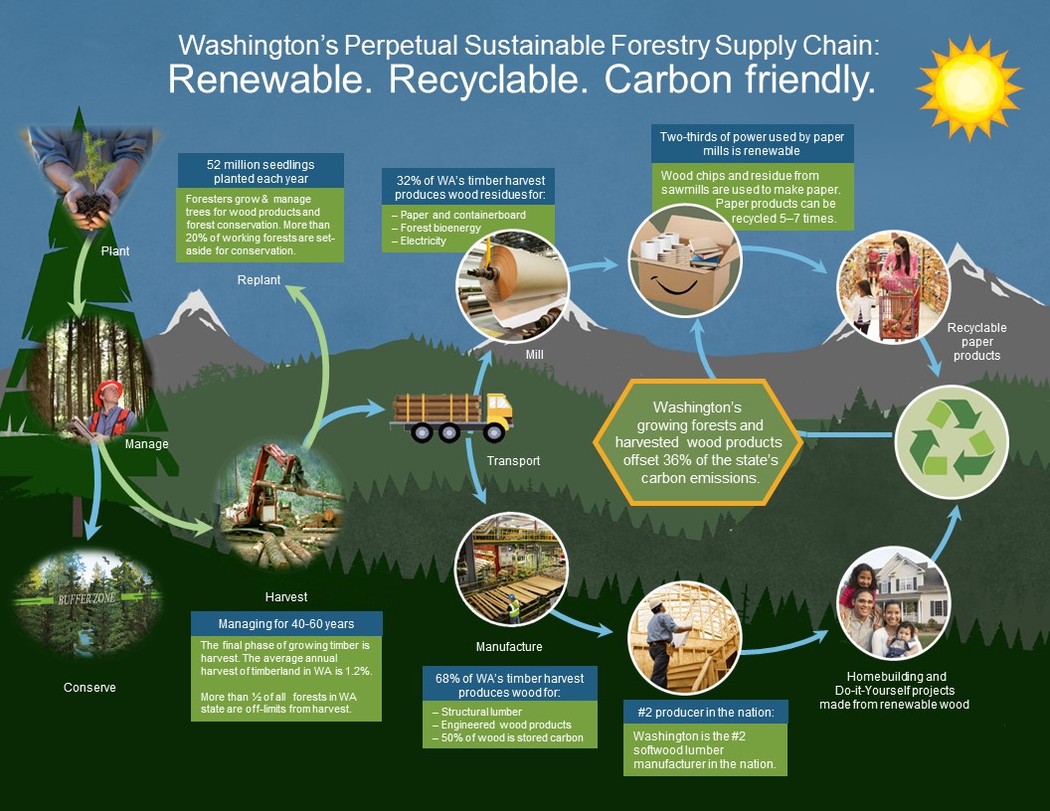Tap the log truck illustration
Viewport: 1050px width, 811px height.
click(452, 415)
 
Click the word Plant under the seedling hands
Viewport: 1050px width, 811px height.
click(115, 251)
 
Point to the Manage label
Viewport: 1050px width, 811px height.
click(146, 444)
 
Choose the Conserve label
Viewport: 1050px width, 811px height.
click(89, 687)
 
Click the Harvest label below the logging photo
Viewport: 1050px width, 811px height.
click(286, 597)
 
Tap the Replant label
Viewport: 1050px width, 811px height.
click(260, 280)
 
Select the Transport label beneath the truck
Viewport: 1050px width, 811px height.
click(514, 461)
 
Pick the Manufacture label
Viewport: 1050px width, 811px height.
click(509, 647)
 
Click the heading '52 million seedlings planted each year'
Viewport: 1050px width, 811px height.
click(261, 171)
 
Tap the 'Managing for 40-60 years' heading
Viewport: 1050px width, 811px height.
click(286, 624)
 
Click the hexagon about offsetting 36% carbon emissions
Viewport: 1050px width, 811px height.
click(700, 442)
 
